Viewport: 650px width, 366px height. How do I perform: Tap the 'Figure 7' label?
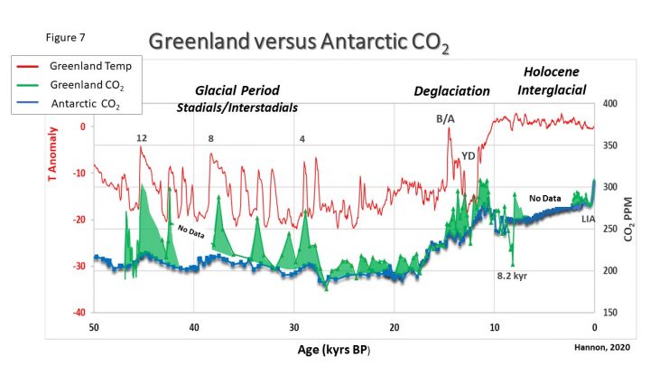[x=65, y=39]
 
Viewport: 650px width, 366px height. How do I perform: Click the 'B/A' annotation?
[x=446, y=120]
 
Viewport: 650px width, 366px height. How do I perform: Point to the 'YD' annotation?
[x=469, y=156]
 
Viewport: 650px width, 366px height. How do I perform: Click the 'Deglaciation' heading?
[x=451, y=91]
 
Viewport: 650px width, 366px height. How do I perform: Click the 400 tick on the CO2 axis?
[x=611, y=104]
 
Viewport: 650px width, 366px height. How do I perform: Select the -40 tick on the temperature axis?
[x=78, y=313]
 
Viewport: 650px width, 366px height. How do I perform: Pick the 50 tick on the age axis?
[x=94, y=326]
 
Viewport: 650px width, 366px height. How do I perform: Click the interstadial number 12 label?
[x=142, y=138]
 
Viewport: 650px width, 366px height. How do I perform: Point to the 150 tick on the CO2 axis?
[x=611, y=313]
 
